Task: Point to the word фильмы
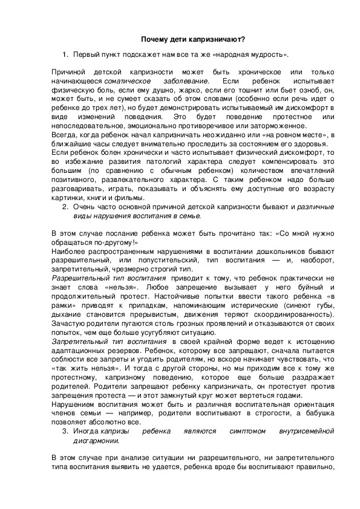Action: tap(131, 198)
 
